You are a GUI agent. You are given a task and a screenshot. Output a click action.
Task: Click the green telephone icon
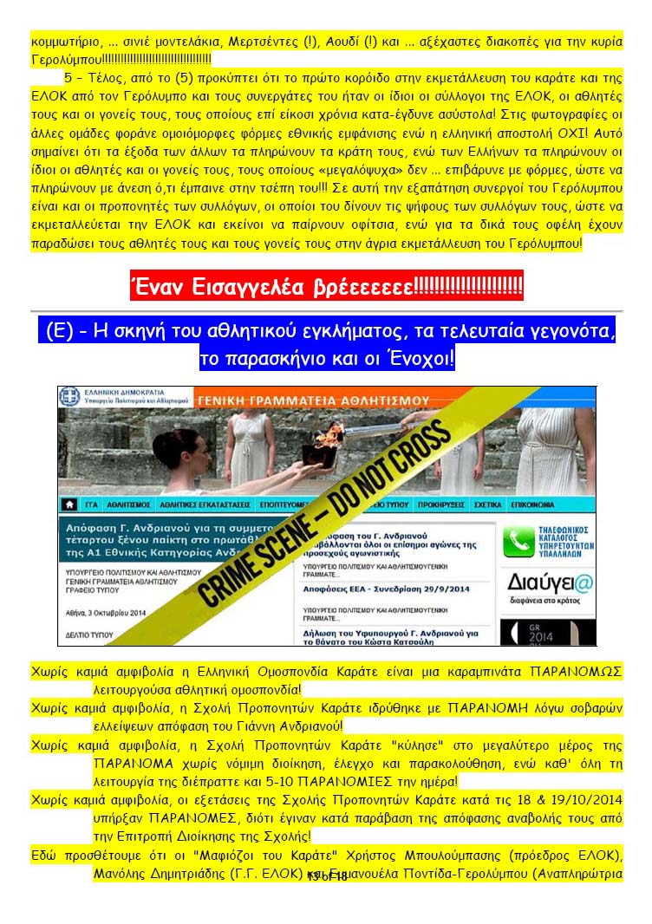pos(520,542)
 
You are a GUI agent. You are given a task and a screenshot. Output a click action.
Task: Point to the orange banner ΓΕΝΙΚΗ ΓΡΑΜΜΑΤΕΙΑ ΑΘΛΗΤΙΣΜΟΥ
pos(314,400)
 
